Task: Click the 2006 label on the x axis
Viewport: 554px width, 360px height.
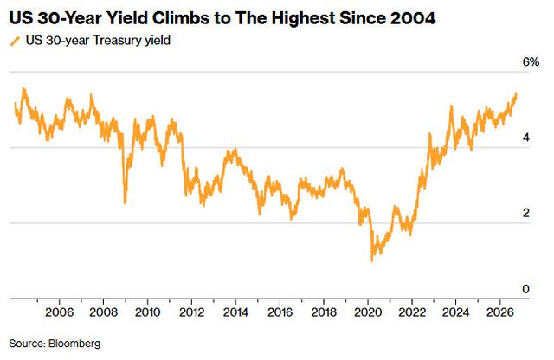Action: tap(59, 312)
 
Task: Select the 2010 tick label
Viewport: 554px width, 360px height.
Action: tap(147, 312)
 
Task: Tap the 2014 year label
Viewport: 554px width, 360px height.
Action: tap(235, 312)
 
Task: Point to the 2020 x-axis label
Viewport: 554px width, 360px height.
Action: tap(368, 312)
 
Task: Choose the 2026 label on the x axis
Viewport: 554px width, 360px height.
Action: tap(500, 312)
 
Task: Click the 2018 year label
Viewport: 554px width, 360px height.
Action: tap(324, 312)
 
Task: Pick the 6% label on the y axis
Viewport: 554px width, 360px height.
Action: tap(531, 62)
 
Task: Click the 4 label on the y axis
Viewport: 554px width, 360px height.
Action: tap(526, 138)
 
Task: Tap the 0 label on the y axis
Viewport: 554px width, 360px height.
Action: tap(525, 289)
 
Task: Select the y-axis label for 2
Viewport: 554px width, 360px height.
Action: tap(526, 213)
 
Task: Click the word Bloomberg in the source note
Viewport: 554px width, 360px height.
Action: tap(74, 344)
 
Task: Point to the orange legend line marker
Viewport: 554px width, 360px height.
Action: tap(16, 41)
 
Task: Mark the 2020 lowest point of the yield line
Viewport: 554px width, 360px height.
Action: tap(371, 261)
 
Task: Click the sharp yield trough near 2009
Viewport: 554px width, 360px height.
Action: tap(125, 203)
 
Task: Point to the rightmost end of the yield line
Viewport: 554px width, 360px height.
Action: tap(516, 94)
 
